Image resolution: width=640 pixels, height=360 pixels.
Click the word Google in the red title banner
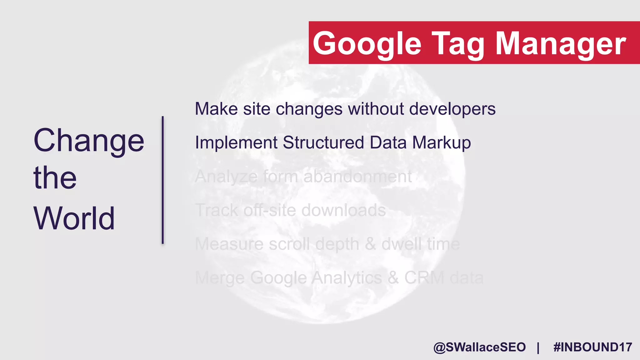point(367,44)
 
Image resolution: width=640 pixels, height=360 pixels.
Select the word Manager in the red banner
point(561,44)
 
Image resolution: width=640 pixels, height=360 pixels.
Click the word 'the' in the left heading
point(55,178)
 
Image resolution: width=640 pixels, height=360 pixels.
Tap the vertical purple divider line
point(162,180)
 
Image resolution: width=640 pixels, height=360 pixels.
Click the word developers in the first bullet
point(452,109)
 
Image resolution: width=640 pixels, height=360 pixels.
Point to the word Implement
point(236,143)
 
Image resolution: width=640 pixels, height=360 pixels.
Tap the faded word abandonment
point(357,177)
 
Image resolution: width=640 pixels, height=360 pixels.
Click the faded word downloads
point(343,210)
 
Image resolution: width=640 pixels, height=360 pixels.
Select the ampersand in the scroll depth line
point(370,244)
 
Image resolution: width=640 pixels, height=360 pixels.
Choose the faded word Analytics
point(347,278)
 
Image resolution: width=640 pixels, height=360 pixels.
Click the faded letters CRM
point(424,277)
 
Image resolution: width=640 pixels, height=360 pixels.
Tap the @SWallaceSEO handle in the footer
point(479,347)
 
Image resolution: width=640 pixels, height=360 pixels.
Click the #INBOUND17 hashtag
point(592,347)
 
